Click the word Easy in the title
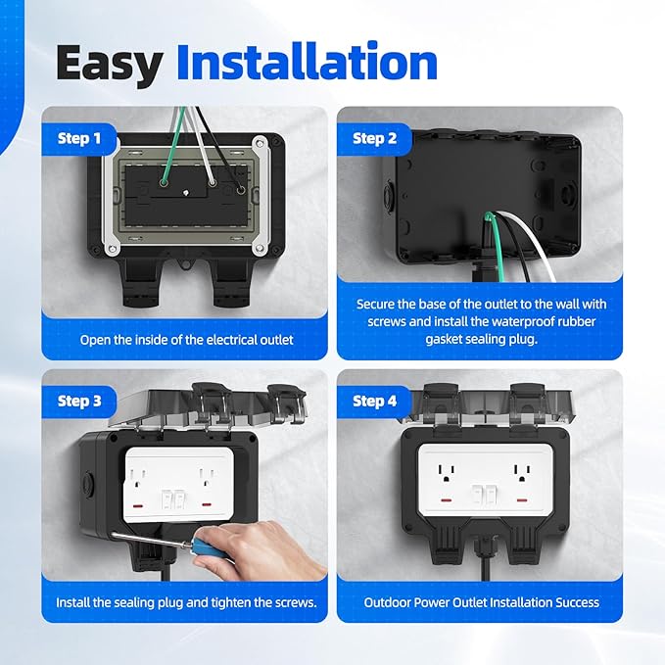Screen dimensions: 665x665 [x=109, y=62]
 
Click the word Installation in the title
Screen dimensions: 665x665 [x=306, y=62]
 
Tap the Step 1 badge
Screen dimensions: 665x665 [x=78, y=138]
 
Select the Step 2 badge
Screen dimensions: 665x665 [x=374, y=138]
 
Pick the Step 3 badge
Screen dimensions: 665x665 [x=78, y=401]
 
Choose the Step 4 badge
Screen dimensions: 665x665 [x=374, y=401]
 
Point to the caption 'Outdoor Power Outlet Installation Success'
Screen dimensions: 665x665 [x=480, y=601]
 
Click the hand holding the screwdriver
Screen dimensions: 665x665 [x=280, y=548]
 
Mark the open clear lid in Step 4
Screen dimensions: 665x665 [x=480, y=404]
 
